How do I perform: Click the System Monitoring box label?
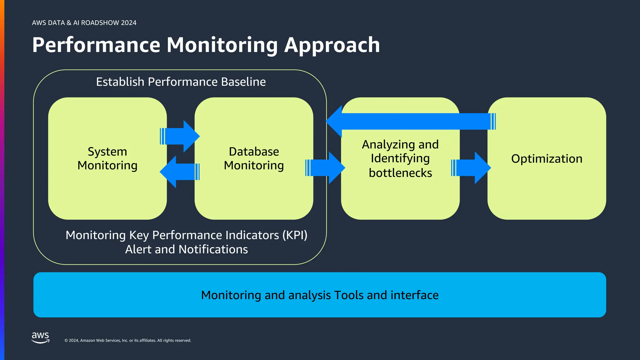pyautogui.click(x=107, y=158)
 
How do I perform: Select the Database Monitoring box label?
pyautogui.click(x=254, y=158)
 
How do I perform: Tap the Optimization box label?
pyautogui.click(x=547, y=159)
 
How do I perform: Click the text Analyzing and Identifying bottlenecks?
pyautogui.click(x=400, y=158)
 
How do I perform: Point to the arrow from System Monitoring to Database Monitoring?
pyautogui.click(x=180, y=136)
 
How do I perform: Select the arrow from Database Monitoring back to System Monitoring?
pyautogui.click(x=180, y=172)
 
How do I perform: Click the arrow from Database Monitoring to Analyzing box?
pyautogui.click(x=325, y=168)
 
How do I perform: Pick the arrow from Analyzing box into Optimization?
pyautogui.click(x=471, y=168)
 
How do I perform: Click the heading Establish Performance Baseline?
pyautogui.click(x=181, y=82)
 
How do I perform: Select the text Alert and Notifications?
pyautogui.click(x=186, y=249)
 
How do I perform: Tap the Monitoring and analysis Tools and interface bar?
pyautogui.click(x=319, y=295)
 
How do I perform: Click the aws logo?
pyautogui.click(x=40, y=337)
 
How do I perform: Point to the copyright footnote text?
pyautogui.click(x=127, y=340)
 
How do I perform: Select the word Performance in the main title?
pyautogui.click(x=96, y=45)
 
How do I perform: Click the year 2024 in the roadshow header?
pyautogui.click(x=128, y=23)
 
